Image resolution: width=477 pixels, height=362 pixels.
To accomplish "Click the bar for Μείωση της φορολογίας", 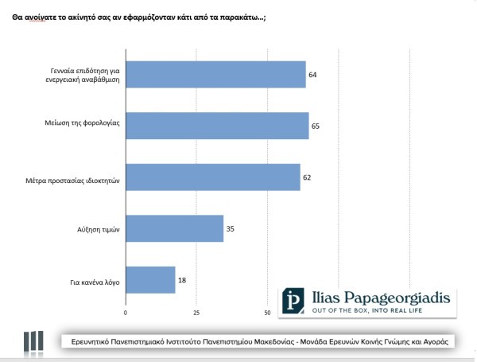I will pos(217,126).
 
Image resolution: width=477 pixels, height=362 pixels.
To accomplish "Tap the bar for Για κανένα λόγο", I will pos(150,280).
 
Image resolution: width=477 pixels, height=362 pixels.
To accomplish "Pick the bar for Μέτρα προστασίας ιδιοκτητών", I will pos(213,177).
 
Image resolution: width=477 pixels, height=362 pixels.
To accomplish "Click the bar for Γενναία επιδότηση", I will pos(215,74).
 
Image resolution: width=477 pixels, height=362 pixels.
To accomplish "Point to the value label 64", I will pos(313,74).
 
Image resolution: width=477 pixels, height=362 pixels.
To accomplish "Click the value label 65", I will pos(316,126).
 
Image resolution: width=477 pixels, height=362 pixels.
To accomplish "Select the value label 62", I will pos(308,177).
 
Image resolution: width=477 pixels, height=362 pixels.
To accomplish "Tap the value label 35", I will pos(231,229).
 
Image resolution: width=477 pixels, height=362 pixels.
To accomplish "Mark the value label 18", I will pos(182,280).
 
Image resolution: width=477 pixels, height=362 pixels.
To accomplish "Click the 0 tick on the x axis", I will pos(126,313).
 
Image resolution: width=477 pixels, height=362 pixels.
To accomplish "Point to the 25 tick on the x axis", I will pos(196,313).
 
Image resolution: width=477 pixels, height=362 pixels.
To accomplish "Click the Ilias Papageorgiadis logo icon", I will pos(295,301).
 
